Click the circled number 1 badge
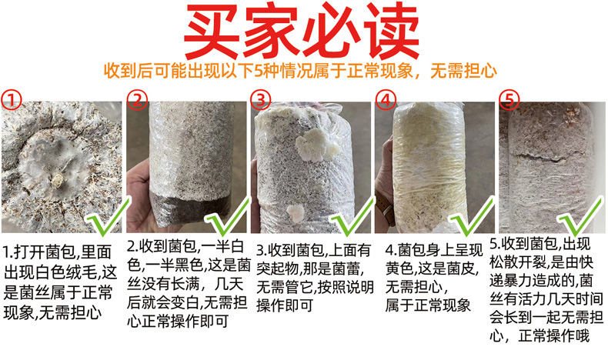click(12, 100)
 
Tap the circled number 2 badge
click(138, 100)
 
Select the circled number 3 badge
click(261, 100)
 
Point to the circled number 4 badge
click(386, 100)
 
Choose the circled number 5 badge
click(509, 100)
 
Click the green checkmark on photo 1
click(107, 218)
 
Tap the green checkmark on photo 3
click(351, 217)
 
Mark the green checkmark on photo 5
click(580, 217)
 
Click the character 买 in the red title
click(212, 31)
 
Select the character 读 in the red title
click(392, 31)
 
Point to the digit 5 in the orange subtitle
click(259, 72)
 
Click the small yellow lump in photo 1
click(58, 179)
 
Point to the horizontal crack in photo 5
click(538, 156)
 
